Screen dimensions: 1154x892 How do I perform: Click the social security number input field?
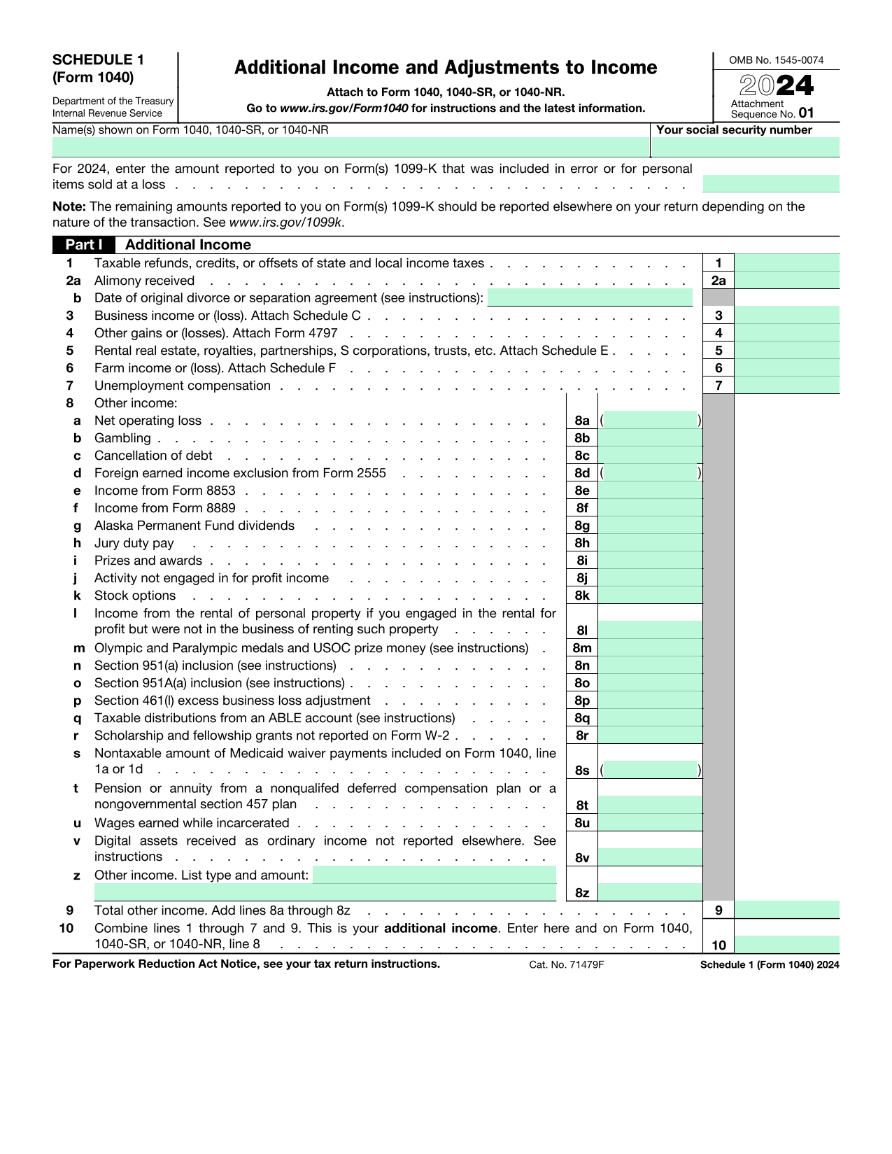745,147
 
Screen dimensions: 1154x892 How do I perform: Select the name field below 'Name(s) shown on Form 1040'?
350,147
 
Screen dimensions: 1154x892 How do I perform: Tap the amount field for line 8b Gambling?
650,438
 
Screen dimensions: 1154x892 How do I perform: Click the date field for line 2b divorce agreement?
589,298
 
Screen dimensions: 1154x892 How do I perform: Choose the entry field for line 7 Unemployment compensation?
786,386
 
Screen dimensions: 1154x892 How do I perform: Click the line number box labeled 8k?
582,596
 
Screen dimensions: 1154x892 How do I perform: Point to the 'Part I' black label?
83,245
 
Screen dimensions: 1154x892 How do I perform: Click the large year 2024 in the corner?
777,86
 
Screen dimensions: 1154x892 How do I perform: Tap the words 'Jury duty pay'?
134,543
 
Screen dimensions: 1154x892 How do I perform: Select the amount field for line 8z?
650,892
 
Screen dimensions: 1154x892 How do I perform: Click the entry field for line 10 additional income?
786,945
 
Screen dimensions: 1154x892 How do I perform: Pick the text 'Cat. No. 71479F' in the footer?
566,964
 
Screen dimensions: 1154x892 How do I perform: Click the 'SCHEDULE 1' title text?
98,60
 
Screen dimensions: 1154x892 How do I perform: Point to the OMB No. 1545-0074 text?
776,60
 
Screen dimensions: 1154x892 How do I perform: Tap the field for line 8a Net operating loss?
650,421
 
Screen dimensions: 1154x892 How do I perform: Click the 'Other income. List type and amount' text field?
434,875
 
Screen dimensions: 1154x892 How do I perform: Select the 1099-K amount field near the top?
770,184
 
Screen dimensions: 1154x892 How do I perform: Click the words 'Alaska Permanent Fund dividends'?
194,526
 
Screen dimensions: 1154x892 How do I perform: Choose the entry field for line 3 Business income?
786,316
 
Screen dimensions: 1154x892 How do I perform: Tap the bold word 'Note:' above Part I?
69,206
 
